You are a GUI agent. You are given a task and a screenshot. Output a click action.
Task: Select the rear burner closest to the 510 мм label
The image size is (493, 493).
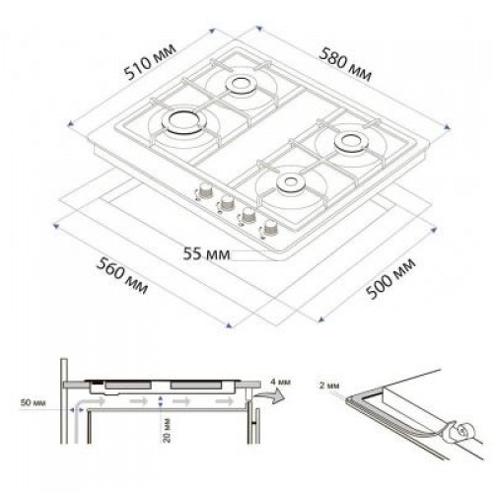pos(241,84)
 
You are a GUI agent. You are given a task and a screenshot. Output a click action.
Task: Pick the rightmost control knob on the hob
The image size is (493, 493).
pos(267,229)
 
